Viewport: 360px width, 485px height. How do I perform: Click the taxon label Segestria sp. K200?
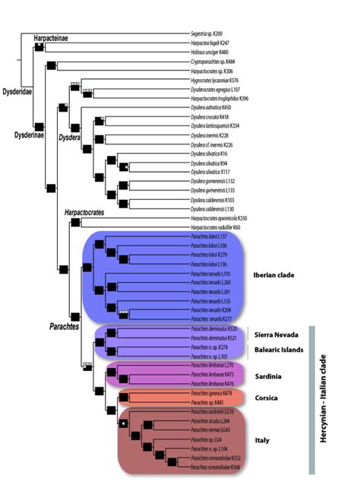coord(210,35)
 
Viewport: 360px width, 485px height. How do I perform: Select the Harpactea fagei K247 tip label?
coord(211,43)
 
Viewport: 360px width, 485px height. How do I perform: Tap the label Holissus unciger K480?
coord(211,52)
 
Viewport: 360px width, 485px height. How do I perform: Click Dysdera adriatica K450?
coord(211,107)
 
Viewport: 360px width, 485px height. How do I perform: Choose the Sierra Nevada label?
coord(276,332)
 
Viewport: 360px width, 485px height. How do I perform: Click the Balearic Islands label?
coord(278,350)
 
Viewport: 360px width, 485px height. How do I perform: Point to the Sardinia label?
coord(269,376)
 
